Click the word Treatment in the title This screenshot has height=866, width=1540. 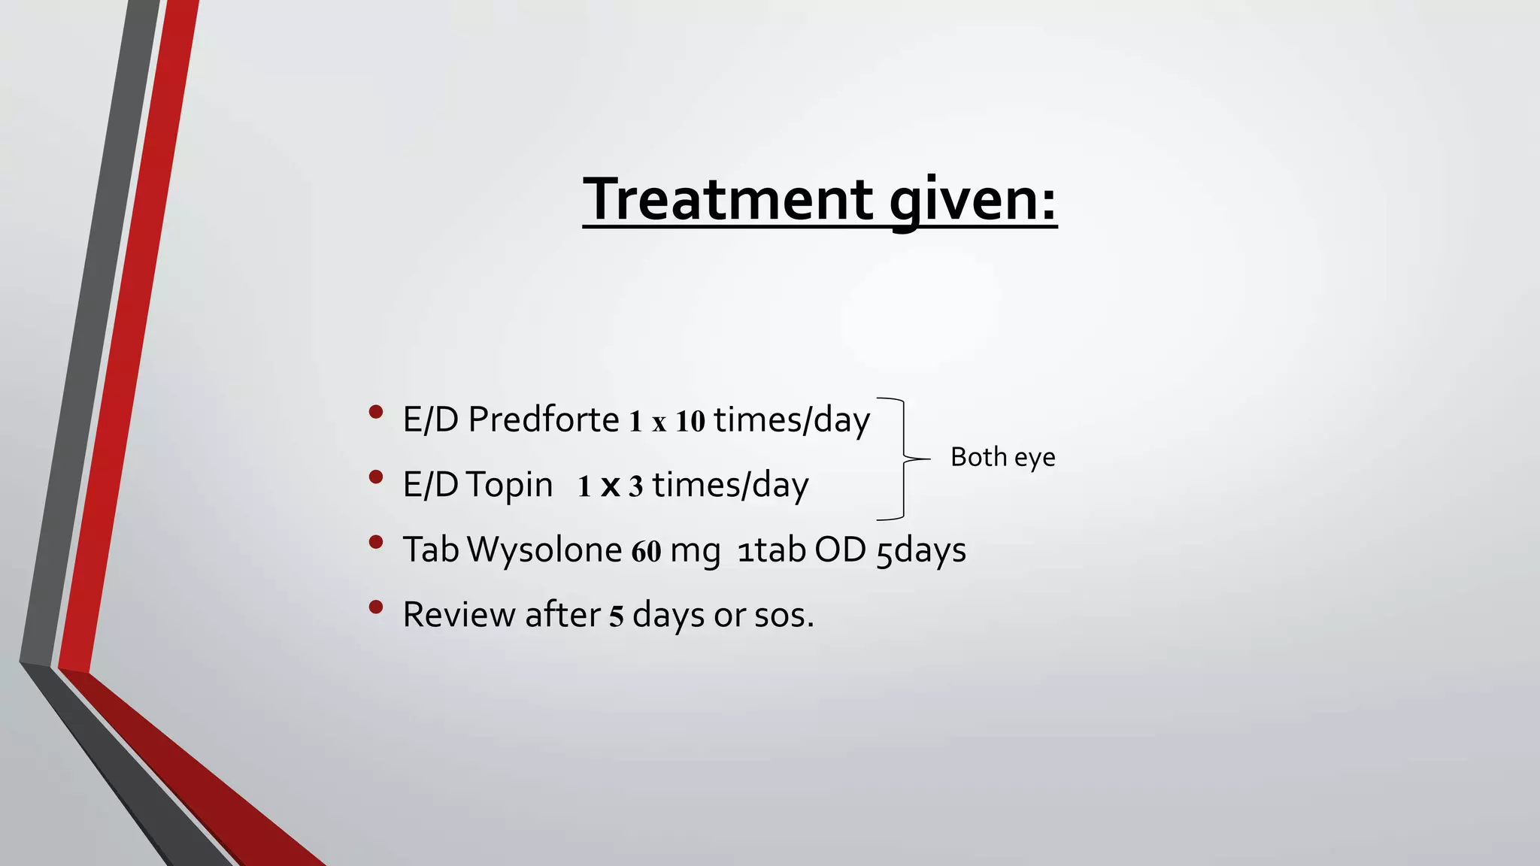click(x=727, y=199)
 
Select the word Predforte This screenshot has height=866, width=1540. click(x=543, y=419)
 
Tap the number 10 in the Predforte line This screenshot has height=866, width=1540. click(x=690, y=422)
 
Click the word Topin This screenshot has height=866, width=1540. click(x=509, y=485)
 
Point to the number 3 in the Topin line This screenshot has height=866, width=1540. click(x=635, y=487)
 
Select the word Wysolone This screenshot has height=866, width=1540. click(x=544, y=550)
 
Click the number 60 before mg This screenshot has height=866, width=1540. click(x=646, y=552)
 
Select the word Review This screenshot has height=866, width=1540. click(x=459, y=615)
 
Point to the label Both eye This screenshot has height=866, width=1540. click(x=1002, y=457)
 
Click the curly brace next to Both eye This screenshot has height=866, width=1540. click(x=902, y=458)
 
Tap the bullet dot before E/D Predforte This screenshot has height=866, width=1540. click(x=376, y=412)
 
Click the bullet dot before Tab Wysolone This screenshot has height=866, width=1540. click(x=376, y=542)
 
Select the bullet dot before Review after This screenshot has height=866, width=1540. click(x=376, y=607)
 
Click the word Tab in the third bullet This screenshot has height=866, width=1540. click(x=431, y=550)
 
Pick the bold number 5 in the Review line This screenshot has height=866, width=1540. click(x=617, y=616)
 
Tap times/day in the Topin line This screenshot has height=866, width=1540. click(x=730, y=486)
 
